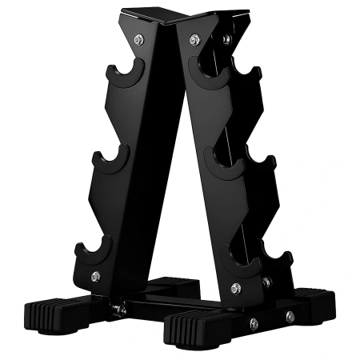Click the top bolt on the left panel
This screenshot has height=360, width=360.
pyautogui.click(x=142, y=38)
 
